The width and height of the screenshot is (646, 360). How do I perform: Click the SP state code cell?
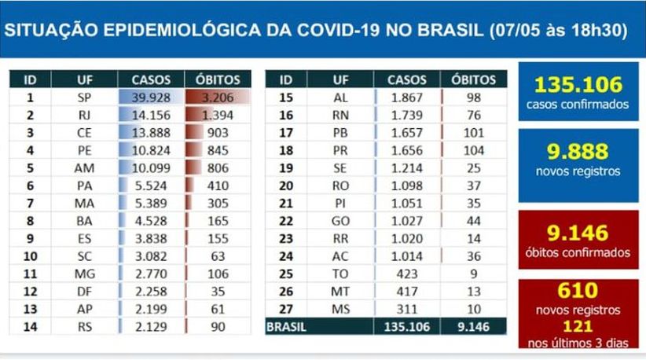[x=84, y=98]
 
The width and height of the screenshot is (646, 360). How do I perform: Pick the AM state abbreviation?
[x=84, y=167]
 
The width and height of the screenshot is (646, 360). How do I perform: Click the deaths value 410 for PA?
[x=216, y=185]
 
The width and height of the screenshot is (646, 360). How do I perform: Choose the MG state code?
[x=84, y=273]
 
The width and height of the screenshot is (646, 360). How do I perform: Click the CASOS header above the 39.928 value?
[x=151, y=79]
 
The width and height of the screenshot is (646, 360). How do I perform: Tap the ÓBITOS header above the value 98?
[x=474, y=79]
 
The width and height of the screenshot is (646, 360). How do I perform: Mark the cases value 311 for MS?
[x=407, y=307]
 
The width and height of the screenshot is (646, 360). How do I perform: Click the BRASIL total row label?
[x=287, y=325]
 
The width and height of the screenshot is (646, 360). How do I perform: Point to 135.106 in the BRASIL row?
[x=407, y=325]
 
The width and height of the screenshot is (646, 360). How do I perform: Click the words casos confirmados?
[x=578, y=104]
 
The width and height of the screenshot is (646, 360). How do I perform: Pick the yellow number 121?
[x=578, y=325]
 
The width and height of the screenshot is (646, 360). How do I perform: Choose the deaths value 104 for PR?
[x=474, y=150]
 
